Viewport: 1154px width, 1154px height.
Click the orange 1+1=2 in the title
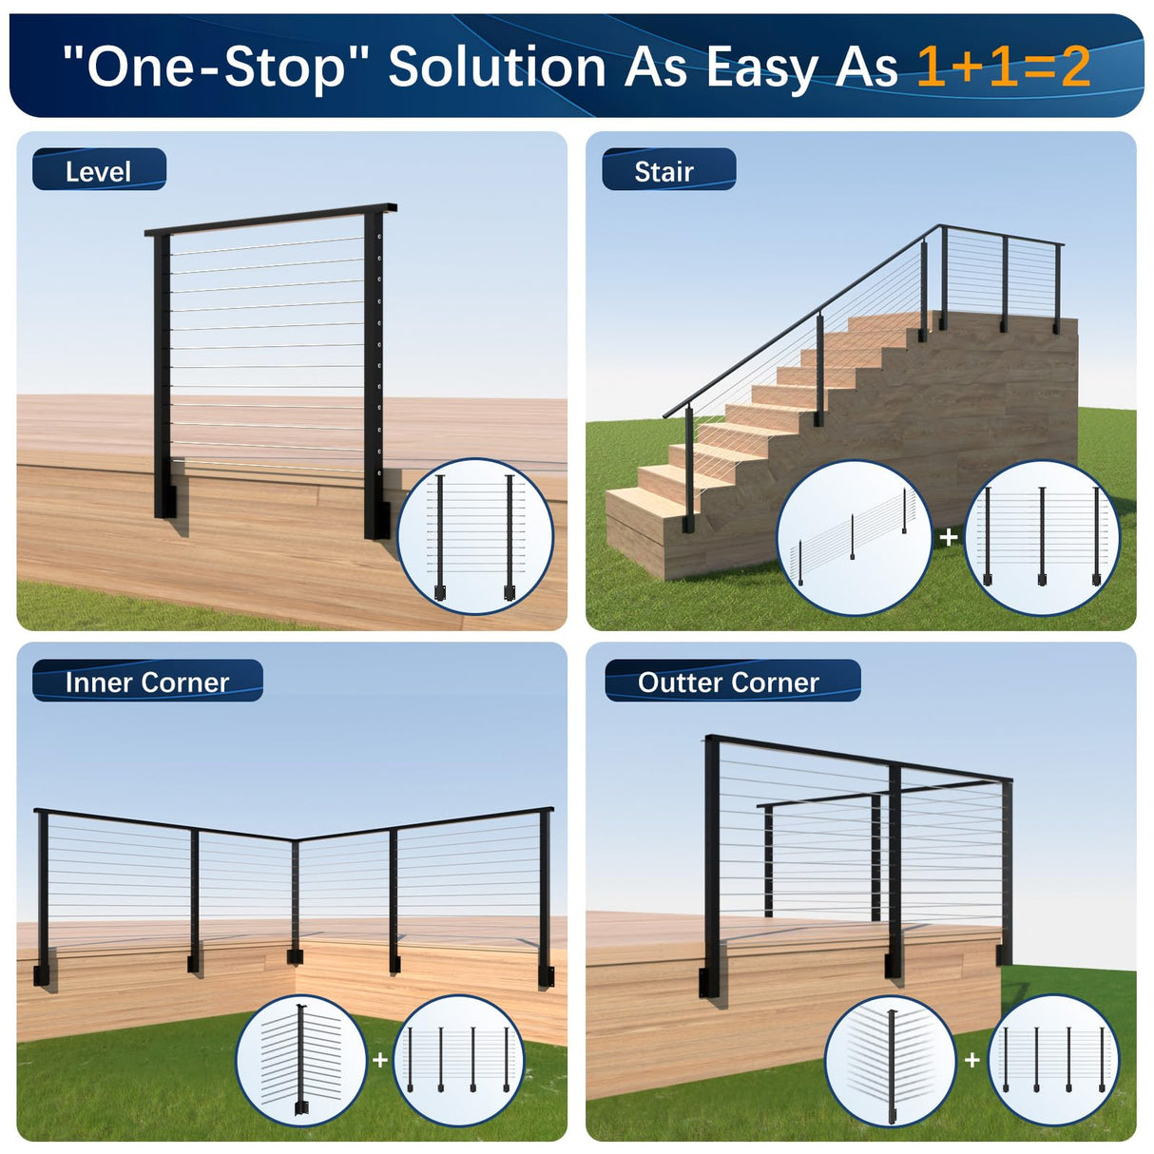point(1003,67)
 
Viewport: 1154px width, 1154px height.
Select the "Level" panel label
point(99,171)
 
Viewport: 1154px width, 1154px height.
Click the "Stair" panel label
point(664,171)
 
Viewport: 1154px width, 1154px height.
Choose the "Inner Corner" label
point(147,682)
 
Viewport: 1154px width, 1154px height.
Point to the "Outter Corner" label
point(728,682)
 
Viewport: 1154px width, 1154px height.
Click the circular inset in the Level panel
point(475,536)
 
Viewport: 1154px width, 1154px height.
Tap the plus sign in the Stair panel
point(948,537)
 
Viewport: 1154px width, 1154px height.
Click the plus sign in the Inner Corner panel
point(380,1059)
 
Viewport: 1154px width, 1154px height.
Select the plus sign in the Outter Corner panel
point(971,1059)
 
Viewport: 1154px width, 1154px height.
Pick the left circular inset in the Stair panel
point(854,537)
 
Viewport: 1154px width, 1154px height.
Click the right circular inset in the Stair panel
point(1042,537)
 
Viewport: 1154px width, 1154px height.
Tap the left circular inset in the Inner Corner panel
point(301,1060)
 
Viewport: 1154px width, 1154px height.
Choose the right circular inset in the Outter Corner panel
point(1054,1060)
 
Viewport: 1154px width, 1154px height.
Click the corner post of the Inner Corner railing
point(295,898)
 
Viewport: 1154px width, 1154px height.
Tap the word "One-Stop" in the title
point(218,67)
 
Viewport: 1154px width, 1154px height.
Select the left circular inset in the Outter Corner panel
point(891,1060)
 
